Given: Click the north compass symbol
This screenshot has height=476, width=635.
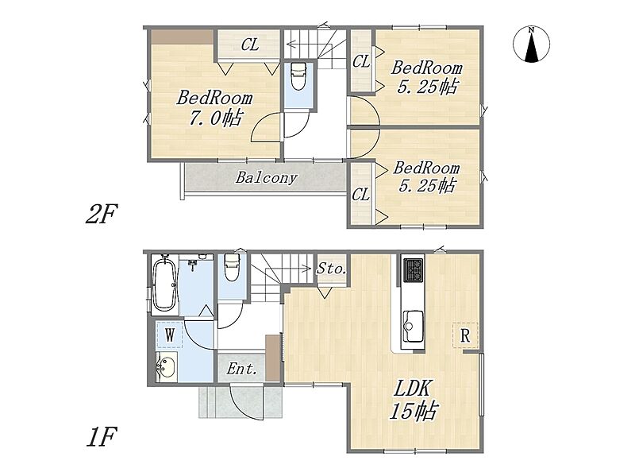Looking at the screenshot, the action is pyautogui.click(x=531, y=45).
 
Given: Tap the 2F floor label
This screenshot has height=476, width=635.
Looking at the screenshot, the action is pyautogui.click(x=102, y=214).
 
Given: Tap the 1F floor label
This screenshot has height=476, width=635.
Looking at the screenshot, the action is pyautogui.click(x=102, y=437).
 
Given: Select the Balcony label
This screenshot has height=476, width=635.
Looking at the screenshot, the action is pyautogui.click(x=266, y=177).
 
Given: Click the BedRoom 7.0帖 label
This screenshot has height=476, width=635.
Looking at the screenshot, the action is pyautogui.click(x=214, y=108).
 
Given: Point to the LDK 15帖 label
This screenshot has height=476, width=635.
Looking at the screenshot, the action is pyautogui.click(x=413, y=401).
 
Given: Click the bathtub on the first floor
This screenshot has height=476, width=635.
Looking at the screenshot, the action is pyautogui.click(x=164, y=284).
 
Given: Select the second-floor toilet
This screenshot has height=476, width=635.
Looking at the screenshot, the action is pyautogui.click(x=298, y=76).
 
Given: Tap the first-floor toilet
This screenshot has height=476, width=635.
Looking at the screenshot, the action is pyautogui.click(x=232, y=268).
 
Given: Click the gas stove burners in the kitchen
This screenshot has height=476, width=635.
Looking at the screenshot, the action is pyautogui.click(x=413, y=270).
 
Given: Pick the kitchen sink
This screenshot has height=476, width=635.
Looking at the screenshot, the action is pyautogui.click(x=414, y=327).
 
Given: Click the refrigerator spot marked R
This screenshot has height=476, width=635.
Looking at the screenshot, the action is pyautogui.click(x=465, y=335).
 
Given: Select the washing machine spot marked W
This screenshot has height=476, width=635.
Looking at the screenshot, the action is pyautogui.click(x=170, y=335).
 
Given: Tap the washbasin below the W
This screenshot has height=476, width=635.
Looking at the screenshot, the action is pyautogui.click(x=167, y=366).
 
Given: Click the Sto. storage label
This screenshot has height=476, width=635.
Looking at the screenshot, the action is pyautogui.click(x=332, y=269).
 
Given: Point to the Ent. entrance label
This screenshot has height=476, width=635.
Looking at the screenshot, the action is pyautogui.click(x=241, y=369).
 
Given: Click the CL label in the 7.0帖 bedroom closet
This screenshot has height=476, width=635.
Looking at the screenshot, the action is pyautogui.click(x=250, y=45).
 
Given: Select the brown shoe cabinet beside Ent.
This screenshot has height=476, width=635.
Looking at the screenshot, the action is pyautogui.click(x=273, y=358).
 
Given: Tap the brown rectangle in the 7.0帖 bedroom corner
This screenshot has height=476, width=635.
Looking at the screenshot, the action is pyautogui.click(x=183, y=37).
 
